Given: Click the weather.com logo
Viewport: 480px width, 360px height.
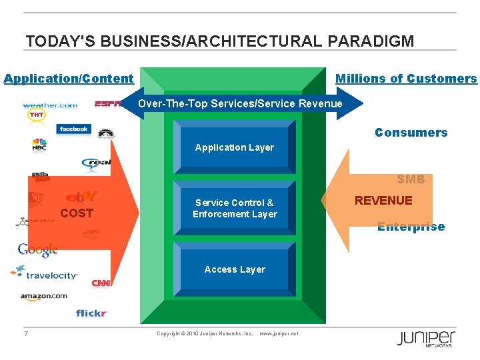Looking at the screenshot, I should pyautogui.click(x=50, y=105).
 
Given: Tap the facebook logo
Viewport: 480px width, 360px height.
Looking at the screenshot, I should pyautogui.click(x=73, y=129).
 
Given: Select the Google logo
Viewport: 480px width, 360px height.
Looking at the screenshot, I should pyautogui.click(x=38, y=250).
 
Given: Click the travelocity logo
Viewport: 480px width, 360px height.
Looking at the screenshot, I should pyautogui.click(x=47, y=274).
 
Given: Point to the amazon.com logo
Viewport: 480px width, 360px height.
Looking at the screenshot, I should pyautogui.click(x=43, y=296).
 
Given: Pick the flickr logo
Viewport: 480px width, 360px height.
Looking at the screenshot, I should pyautogui.click(x=91, y=313).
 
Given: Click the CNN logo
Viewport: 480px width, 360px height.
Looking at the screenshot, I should pyautogui.click(x=101, y=283).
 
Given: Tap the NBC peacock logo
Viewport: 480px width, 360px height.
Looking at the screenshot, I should pyautogui.click(x=39, y=145).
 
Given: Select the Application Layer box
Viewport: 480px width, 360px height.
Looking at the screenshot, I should pyautogui.click(x=234, y=147).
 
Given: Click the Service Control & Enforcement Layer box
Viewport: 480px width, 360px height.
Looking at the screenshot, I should pyautogui.click(x=234, y=208).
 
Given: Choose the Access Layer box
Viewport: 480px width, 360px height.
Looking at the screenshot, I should pyautogui.click(x=234, y=269).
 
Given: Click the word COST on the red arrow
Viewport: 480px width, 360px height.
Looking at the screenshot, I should pyautogui.click(x=77, y=213).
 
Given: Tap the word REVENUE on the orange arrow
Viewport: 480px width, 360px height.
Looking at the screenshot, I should pyautogui.click(x=383, y=201).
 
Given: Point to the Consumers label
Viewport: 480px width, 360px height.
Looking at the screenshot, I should pyautogui.click(x=411, y=133).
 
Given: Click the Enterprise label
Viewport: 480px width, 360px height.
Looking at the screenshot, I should pyautogui.click(x=411, y=227).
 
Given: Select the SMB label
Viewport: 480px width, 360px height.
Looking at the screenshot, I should pyautogui.click(x=411, y=179).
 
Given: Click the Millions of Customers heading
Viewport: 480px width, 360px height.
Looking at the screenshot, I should pyautogui.click(x=406, y=79).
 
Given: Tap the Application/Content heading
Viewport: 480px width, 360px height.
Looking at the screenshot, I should pyautogui.click(x=69, y=79).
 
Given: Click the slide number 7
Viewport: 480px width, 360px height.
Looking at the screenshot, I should pyautogui.click(x=26, y=333).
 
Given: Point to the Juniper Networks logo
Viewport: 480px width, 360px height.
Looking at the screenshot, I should pyautogui.click(x=426, y=338).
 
